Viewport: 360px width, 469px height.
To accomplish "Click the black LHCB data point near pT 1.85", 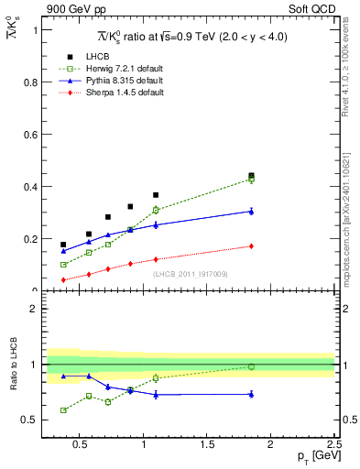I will point(251,175).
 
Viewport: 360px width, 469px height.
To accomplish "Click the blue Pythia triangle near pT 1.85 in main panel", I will point(251,212).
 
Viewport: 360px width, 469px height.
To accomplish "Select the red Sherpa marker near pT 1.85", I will point(251,245).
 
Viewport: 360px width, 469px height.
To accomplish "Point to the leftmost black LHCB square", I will point(63,245).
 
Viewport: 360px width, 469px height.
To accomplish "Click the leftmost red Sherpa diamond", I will point(63,279).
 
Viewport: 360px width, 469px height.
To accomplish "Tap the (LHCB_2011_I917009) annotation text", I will point(190,273).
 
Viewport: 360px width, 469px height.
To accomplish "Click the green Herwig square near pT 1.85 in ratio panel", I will point(251,366).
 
